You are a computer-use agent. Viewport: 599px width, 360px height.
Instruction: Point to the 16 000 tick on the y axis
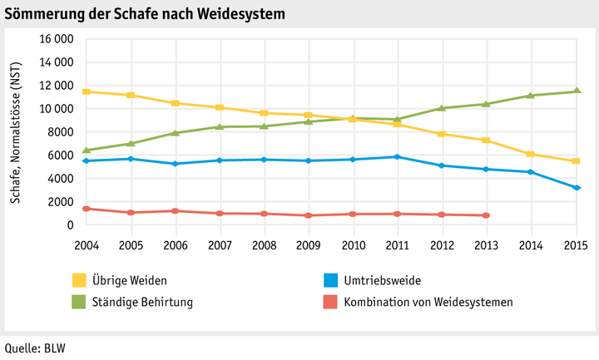[56, 39]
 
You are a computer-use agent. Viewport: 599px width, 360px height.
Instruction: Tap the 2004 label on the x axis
[86, 245]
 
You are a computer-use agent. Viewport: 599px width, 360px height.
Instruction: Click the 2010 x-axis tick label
[353, 245]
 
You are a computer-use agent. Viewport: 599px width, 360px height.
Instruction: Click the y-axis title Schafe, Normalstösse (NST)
[16, 131]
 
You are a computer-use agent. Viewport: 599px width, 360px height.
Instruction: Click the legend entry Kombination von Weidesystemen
[428, 302]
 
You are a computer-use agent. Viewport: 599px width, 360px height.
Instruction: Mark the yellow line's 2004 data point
[86, 91]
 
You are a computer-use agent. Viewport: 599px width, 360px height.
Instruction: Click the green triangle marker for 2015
[576, 91]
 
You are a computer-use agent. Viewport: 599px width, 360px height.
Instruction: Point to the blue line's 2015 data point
[576, 188]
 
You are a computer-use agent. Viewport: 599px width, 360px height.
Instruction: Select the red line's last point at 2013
[487, 215]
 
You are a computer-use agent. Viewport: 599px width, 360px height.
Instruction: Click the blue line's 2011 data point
[398, 156]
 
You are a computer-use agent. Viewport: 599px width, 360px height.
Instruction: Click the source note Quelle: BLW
[34, 348]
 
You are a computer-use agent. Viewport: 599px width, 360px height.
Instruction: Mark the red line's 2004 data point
[86, 209]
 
